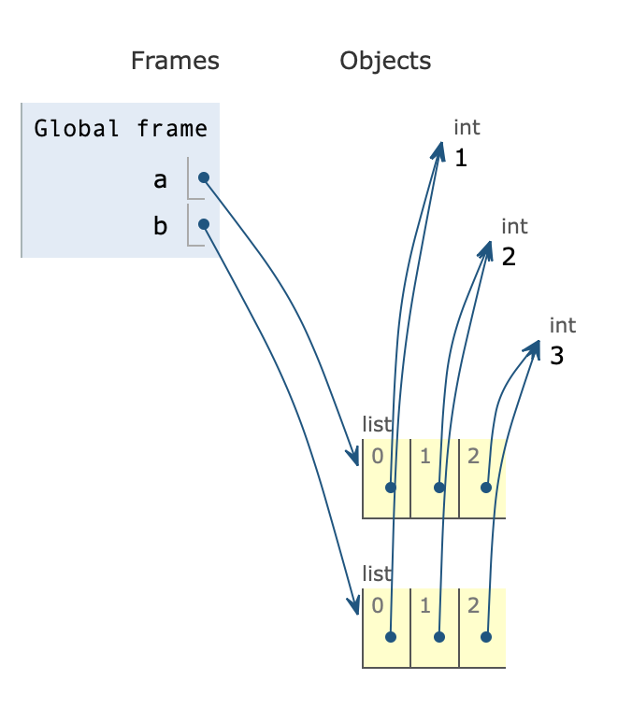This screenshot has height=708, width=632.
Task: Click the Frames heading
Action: [x=175, y=62]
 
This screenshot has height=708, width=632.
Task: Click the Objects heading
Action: [x=385, y=62]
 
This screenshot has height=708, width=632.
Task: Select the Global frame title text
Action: [x=121, y=128]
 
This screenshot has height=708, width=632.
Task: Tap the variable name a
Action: [x=160, y=178]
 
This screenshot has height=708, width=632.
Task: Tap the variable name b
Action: [x=160, y=225]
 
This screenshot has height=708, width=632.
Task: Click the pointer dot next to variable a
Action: [x=203, y=177]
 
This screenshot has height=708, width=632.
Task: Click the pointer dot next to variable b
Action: [x=203, y=224]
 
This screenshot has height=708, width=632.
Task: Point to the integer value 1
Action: [x=460, y=158]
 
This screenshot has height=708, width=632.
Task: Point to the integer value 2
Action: [x=509, y=257]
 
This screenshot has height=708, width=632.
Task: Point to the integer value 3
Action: [x=557, y=356]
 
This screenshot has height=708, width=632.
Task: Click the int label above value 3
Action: [x=563, y=325]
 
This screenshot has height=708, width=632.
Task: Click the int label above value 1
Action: [x=467, y=127]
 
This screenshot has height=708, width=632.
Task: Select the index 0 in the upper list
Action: [x=377, y=456]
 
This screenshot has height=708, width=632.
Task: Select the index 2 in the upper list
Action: [x=473, y=456]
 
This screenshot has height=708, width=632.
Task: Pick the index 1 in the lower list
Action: [x=424, y=605]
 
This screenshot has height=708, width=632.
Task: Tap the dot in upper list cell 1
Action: [x=439, y=488]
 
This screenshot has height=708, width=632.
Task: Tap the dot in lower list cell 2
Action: [x=486, y=637]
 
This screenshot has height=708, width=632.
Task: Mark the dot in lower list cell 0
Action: [x=391, y=637]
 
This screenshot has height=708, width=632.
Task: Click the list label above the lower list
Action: [x=377, y=573]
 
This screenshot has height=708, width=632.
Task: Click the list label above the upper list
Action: [x=377, y=424]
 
